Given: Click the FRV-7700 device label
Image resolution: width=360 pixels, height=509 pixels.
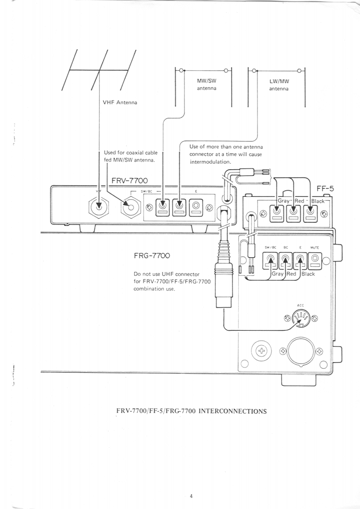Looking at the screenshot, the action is coord(129,181).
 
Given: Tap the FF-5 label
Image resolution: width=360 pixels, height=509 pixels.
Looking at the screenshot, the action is coord(325,189).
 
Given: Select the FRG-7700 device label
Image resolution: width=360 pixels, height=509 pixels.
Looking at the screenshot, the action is coord(152,255).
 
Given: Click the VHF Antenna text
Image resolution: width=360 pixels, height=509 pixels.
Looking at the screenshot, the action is coord(120,103).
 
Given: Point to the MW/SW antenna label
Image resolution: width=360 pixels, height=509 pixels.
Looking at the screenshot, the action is coord(207,85).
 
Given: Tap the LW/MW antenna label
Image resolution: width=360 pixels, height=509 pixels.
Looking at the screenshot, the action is coord(279,85).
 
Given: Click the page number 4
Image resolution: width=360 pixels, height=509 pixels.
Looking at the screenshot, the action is coord(191,496).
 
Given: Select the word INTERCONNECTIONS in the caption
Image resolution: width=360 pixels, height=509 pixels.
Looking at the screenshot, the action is coord(232,411).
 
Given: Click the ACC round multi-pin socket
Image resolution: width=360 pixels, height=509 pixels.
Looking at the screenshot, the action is coord(301,318).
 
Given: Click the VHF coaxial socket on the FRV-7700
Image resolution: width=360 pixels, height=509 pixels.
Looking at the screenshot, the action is coord(99,207).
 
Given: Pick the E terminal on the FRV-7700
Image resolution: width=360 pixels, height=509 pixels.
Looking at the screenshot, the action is coord(196,207).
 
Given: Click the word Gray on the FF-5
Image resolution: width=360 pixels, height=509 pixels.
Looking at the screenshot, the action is coord(283,201).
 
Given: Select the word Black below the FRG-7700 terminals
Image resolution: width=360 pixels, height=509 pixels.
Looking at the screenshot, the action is coord(308,274).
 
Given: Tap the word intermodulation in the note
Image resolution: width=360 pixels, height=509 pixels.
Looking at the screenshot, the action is coord(210,162).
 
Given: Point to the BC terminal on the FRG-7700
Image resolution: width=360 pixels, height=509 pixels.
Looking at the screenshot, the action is coord(285,261).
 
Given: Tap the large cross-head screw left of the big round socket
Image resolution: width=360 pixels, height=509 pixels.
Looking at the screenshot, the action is coord(261,350).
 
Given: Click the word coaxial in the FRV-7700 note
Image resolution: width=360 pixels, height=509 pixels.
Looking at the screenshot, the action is coord(134,152).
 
